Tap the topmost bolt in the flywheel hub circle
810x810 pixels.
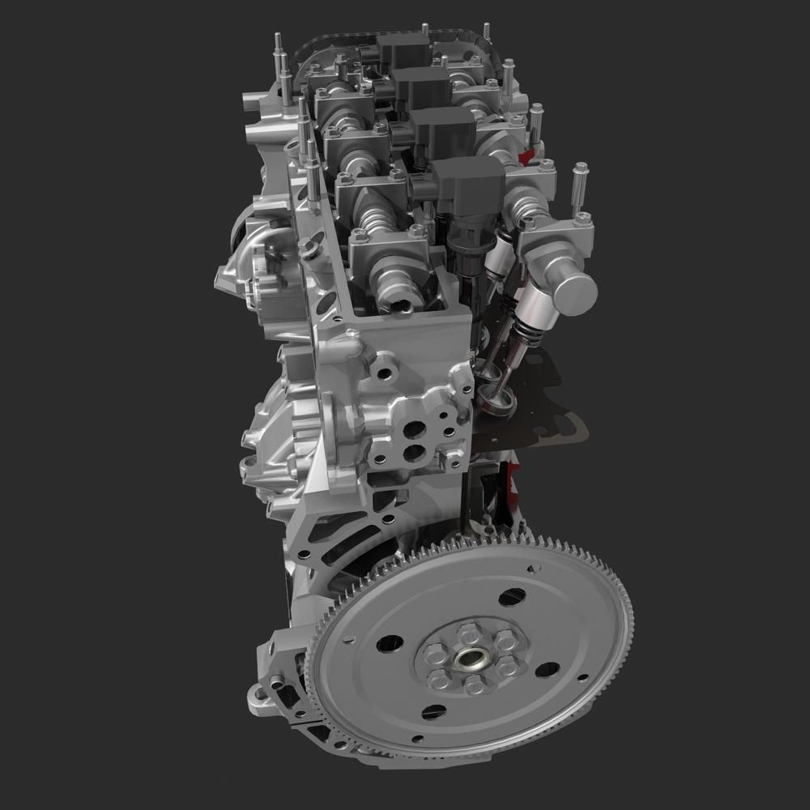467,629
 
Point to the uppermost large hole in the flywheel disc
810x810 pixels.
512,598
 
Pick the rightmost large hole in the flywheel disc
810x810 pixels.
548,670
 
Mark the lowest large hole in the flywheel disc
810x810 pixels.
434,713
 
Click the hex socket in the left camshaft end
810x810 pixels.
403,305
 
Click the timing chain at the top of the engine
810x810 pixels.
381,33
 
